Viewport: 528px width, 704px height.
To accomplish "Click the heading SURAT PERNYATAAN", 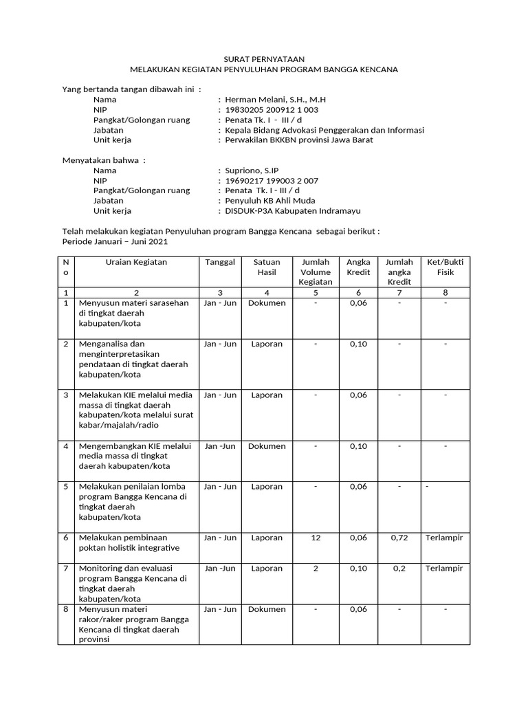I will pos(265,60).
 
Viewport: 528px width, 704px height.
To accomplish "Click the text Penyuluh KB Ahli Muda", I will pos(265,201).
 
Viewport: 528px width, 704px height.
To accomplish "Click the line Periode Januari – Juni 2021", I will pos(114,242).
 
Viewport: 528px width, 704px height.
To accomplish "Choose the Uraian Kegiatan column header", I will pos(136,262).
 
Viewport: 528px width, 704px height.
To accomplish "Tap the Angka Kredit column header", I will pos(358,267).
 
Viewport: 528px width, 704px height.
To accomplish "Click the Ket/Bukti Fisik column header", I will pos(445,267).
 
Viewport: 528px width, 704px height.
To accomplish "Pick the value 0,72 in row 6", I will pos(399,538).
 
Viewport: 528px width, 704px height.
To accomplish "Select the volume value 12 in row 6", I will pos(316,538).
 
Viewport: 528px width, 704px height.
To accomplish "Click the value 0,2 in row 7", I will pos(399,569).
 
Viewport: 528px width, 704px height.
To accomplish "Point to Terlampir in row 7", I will pos(444,569).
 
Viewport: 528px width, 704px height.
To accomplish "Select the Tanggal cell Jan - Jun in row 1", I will pos(220,303).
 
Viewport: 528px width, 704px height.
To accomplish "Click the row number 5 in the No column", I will pos(66,487).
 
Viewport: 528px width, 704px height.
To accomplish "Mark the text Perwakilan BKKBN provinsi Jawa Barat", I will pos(295,140).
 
